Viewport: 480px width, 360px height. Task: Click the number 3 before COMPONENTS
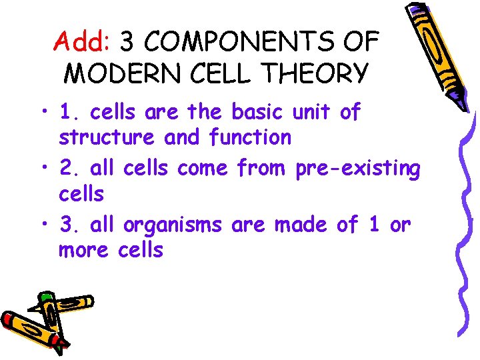[x=127, y=43]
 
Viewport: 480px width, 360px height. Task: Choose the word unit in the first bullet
[x=313, y=112]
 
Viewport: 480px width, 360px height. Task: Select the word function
[x=250, y=138]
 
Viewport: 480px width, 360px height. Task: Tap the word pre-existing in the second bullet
[x=357, y=169]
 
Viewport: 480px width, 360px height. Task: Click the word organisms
[x=173, y=226]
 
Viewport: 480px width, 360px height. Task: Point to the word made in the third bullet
[x=299, y=225]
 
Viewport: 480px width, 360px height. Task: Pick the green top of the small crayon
[x=46, y=296]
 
